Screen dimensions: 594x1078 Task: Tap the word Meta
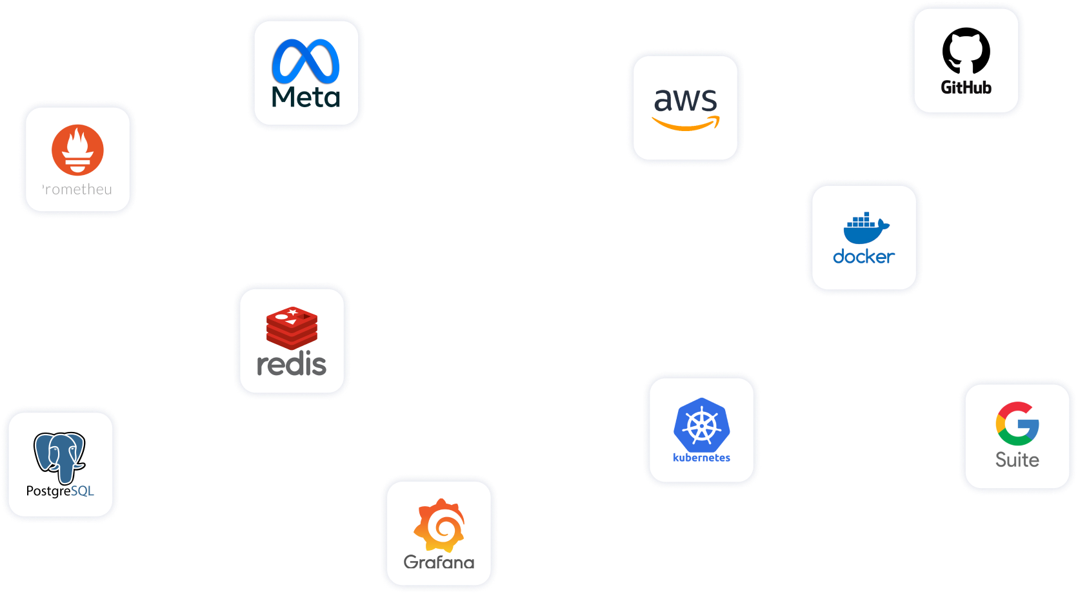pyautogui.click(x=306, y=97)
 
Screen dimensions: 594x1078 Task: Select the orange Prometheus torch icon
pyautogui.click(x=77, y=150)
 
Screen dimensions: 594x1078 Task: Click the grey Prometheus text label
pyautogui.click(x=77, y=189)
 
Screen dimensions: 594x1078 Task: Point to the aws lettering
pyautogui.click(x=685, y=100)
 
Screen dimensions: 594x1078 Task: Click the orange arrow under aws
pyautogui.click(x=686, y=123)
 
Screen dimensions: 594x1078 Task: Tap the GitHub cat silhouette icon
pyautogui.click(x=966, y=50)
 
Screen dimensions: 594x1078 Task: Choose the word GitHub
pyautogui.click(x=966, y=87)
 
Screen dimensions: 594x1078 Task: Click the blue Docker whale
pyautogui.click(x=865, y=229)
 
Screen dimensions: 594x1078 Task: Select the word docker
pyautogui.click(x=864, y=257)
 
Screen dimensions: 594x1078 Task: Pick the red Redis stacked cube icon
pyautogui.click(x=292, y=327)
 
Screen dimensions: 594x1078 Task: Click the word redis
pyautogui.click(x=292, y=364)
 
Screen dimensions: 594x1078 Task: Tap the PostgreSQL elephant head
pyautogui.click(x=59, y=456)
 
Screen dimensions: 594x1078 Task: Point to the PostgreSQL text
pyautogui.click(x=60, y=491)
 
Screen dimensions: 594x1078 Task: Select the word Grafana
pyautogui.click(x=439, y=562)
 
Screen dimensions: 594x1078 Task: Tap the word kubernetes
pyautogui.click(x=701, y=458)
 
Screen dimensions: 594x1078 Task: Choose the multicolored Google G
pyautogui.click(x=1017, y=424)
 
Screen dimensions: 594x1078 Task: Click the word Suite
pyautogui.click(x=1017, y=460)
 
